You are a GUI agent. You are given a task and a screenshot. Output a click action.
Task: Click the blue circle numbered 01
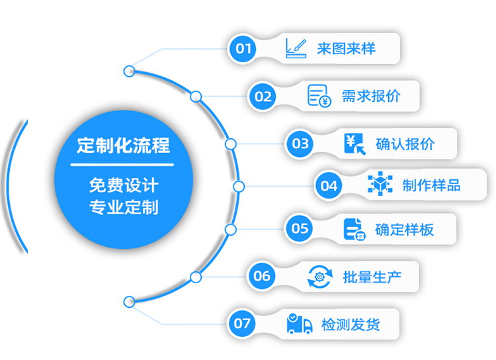tap(245, 48)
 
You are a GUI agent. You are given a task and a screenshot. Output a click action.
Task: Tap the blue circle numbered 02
tap(263, 97)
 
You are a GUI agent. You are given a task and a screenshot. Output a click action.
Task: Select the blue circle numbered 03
tap(301, 144)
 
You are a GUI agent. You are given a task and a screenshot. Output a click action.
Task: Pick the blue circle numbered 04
tap(329, 186)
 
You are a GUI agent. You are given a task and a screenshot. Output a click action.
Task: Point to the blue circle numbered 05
tap(300, 228)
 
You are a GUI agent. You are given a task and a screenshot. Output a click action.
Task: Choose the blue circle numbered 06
tap(263, 276)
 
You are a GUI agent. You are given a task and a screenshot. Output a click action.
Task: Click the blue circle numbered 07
tap(243, 324)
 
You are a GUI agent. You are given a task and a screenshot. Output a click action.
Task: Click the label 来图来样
tap(346, 48)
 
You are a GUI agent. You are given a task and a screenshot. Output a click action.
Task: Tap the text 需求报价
tap(371, 96)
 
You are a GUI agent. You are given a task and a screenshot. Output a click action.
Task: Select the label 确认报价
tap(405, 144)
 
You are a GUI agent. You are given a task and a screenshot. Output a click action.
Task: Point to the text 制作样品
tap(432, 185)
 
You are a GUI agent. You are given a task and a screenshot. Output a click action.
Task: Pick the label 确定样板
tap(405, 229)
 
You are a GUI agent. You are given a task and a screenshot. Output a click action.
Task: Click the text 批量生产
tap(371, 276)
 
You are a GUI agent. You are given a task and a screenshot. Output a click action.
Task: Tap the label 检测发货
tap(351, 324)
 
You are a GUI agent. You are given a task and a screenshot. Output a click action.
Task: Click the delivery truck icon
tap(300, 324)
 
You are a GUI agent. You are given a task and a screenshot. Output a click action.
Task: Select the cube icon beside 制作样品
tap(380, 185)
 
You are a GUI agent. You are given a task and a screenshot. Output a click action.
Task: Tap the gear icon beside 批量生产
tap(320, 276)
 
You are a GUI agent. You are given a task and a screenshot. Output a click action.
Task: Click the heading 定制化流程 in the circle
tap(123, 145)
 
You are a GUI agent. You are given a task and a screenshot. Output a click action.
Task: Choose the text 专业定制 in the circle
tap(123, 207)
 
